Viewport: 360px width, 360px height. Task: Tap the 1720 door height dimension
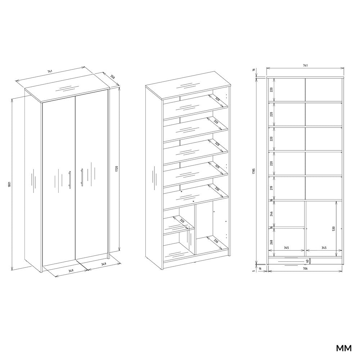[116, 170]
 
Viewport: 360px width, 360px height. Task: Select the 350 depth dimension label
[112, 77]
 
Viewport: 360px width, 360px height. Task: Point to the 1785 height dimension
[254, 171]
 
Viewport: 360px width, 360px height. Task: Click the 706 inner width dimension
[305, 269]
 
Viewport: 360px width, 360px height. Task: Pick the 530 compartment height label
[334, 229]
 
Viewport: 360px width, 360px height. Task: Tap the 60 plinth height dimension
[307, 261]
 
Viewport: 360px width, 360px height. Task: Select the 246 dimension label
[271, 214]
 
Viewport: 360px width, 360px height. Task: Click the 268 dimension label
[271, 242]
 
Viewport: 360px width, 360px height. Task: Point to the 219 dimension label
[271, 188]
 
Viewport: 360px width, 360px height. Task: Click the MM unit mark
[344, 348]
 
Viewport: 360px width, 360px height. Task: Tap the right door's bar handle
[81, 176]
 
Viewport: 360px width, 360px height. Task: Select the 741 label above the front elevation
[305, 66]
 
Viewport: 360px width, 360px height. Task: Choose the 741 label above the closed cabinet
[50, 71]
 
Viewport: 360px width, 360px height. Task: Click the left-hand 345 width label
[286, 248]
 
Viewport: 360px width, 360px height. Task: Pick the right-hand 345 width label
[324, 248]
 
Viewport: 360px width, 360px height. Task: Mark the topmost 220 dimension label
[271, 90]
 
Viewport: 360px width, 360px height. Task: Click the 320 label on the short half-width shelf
[182, 221]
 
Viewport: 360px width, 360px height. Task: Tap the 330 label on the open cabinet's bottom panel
[216, 241]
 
